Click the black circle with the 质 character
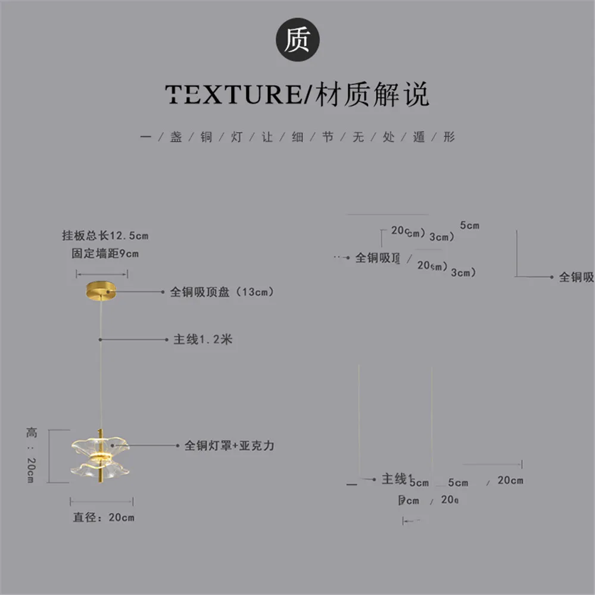point(297,41)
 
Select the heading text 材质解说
point(372,95)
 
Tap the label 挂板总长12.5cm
point(105,236)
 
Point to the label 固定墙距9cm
point(105,254)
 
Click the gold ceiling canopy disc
point(102,291)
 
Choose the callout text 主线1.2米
point(202,339)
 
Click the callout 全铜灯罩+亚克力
point(229,445)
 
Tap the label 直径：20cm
point(104,518)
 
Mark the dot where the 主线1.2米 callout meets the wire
point(101,339)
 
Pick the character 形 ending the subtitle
point(449,137)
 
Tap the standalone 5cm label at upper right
point(469,226)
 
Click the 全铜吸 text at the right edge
point(576,277)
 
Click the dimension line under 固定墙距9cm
point(102,274)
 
